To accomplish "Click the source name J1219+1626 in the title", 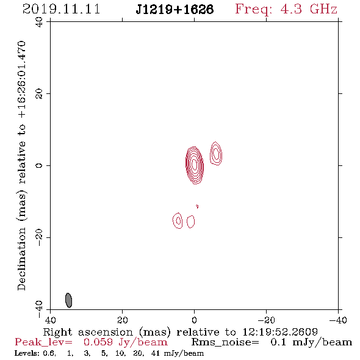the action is (x=175, y=10).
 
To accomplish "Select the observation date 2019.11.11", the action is (x=62, y=9).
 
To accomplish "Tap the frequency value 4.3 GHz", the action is (x=309, y=9).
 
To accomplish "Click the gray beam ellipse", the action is (x=69, y=300).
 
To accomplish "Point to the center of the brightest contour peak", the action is (x=195, y=165).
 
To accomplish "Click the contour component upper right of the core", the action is (x=216, y=153).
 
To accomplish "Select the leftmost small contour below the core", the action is (x=178, y=220).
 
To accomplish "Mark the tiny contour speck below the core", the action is (x=197, y=206).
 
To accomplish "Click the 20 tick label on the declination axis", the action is (x=39, y=94).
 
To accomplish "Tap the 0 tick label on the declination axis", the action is (x=39, y=165).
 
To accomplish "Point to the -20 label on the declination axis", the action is (x=39, y=237).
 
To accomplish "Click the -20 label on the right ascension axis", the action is (x=266, y=320).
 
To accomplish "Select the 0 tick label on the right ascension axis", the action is (x=194, y=320).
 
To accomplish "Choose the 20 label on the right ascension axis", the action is (x=123, y=320).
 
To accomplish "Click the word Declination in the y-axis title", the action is (x=21, y=259).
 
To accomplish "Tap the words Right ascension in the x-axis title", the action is (x=88, y=332).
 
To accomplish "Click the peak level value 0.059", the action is (x=98, y=342).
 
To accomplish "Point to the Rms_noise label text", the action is (x=225, y=342).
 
